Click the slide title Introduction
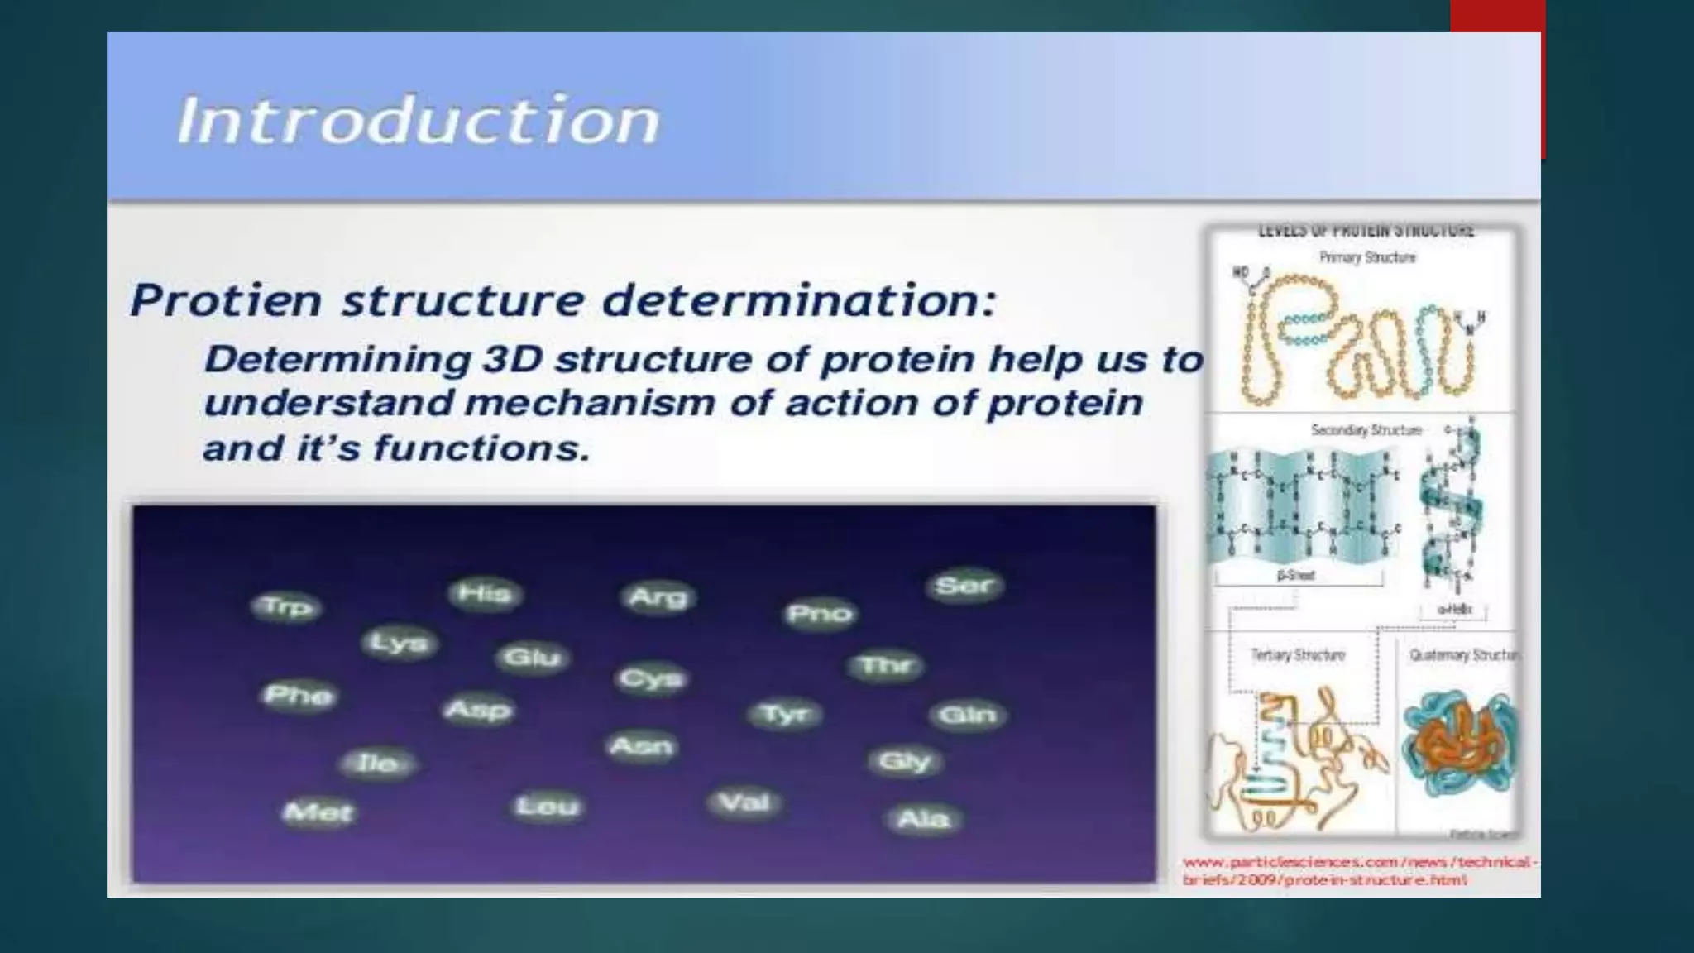(418, 121)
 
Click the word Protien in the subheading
(225, 299)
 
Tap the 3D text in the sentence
(512, 359)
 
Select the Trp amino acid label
(286, 606)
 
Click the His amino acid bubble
(484, 593)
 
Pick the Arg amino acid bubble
(658, 596)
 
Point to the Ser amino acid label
(964, 585)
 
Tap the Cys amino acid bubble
(652, 678)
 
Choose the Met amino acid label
(318, 812)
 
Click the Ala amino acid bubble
(923, 818)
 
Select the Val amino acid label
(744, 802)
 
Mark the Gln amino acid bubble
(967, 714)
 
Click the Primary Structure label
(1367, 257)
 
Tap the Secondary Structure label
(1366, 429)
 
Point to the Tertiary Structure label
(1298, 654)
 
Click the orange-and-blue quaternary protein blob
(1460, 745)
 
